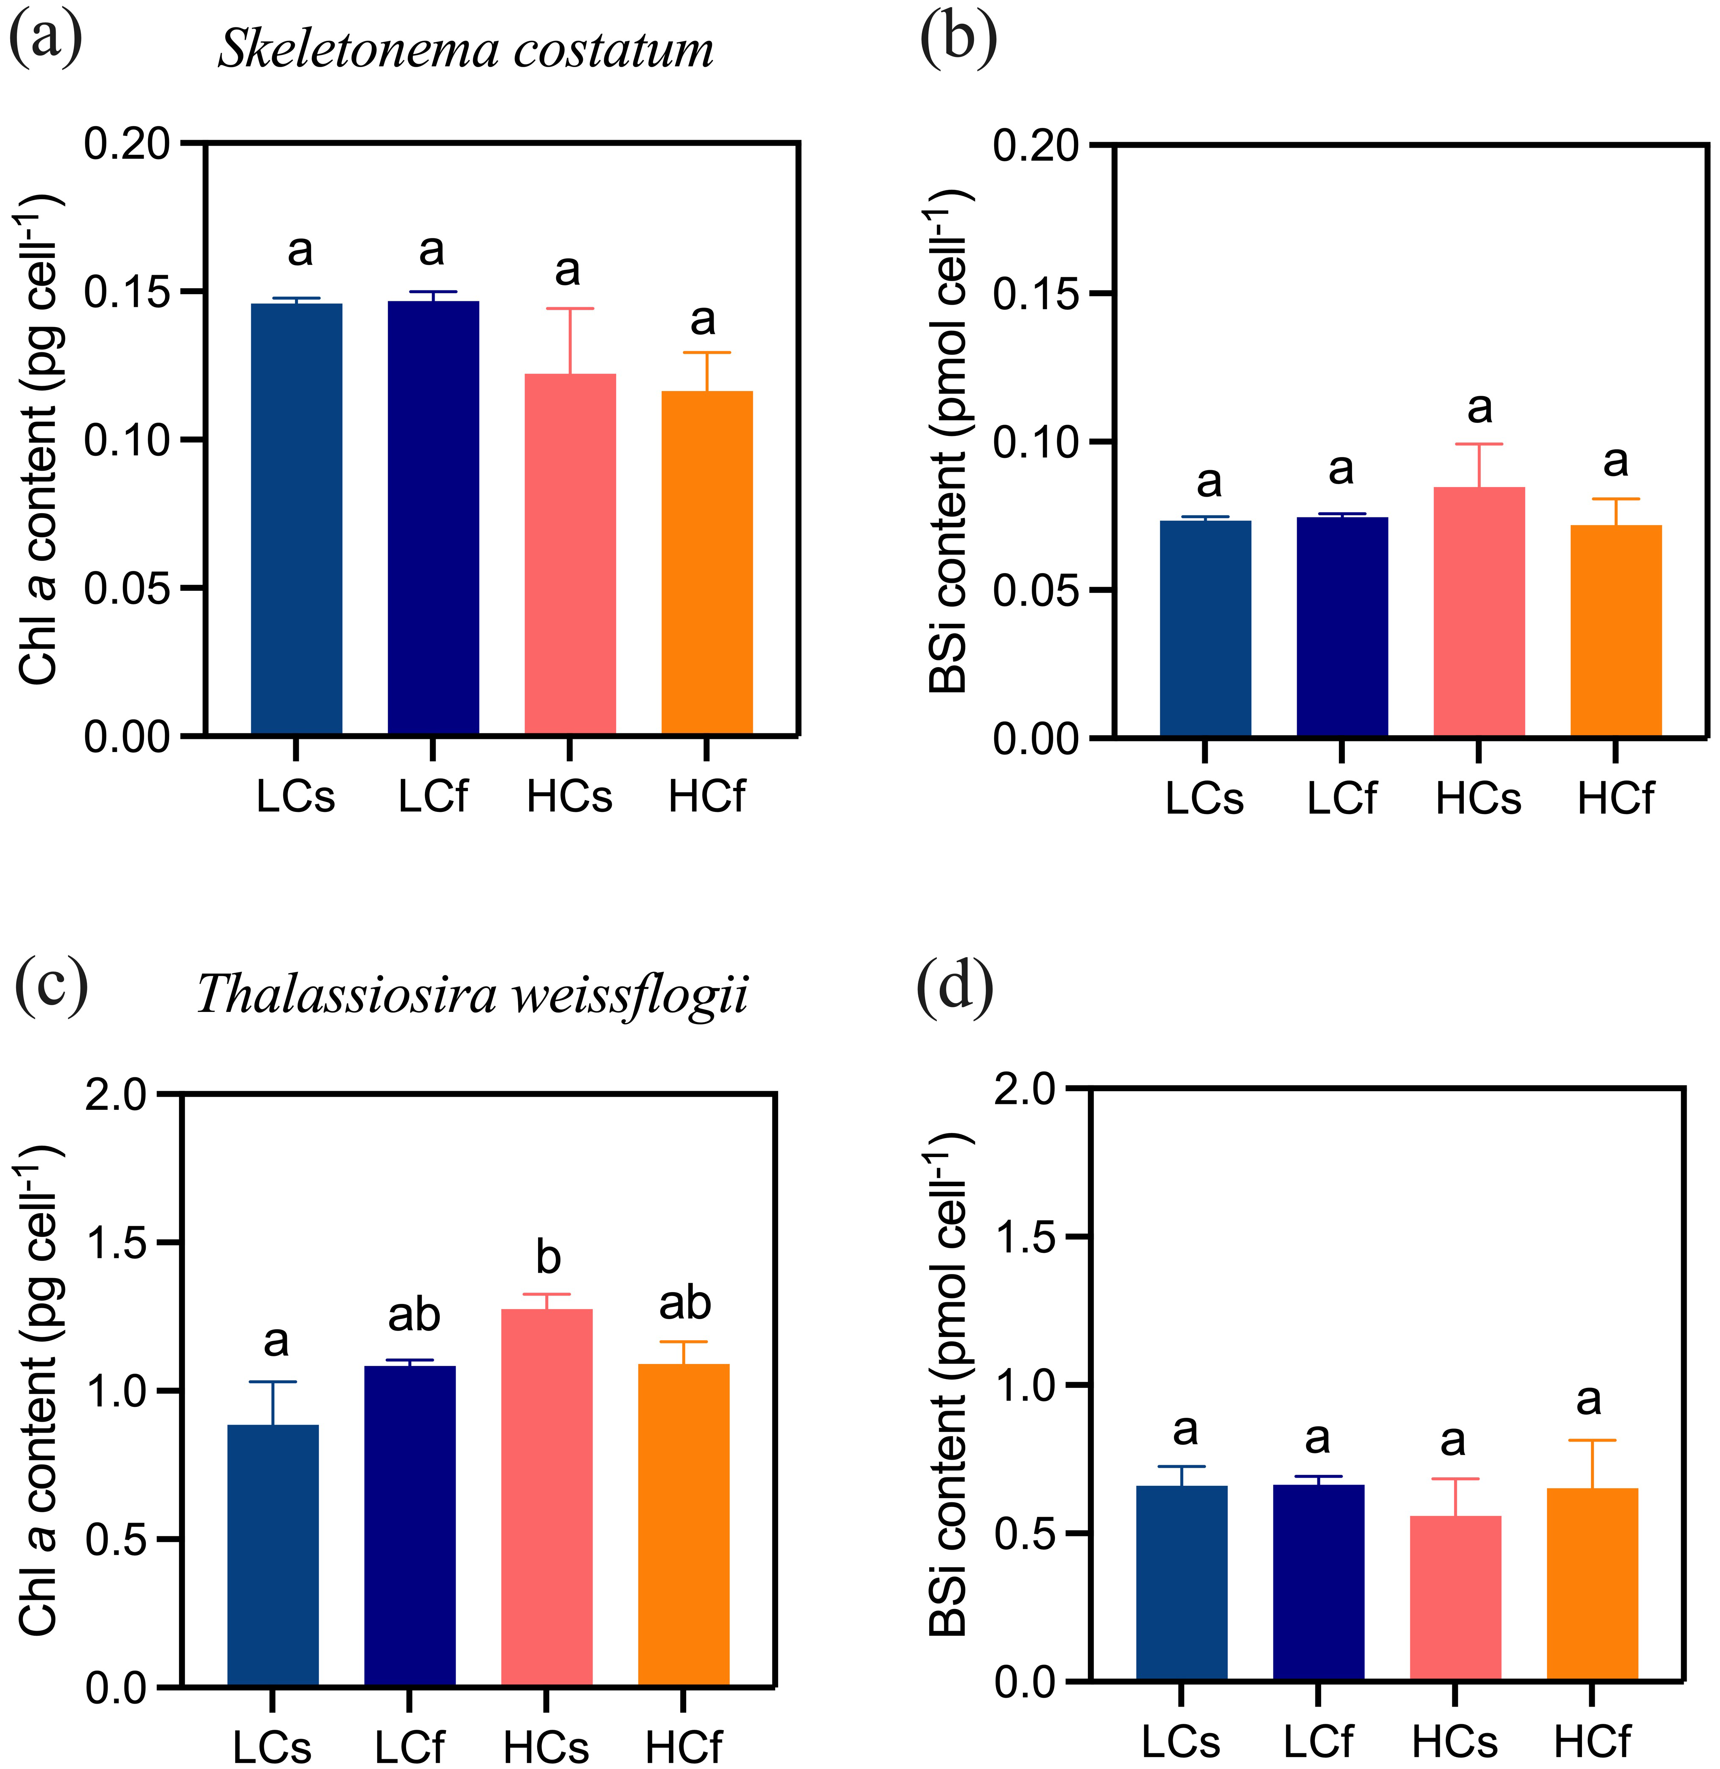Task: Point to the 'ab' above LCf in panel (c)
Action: (x=414, y=1315)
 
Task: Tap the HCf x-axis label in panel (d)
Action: (x=1592, y=1741)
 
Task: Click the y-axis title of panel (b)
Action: (x=949, y=443)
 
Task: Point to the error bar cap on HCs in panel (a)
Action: (x=570, y=309)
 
